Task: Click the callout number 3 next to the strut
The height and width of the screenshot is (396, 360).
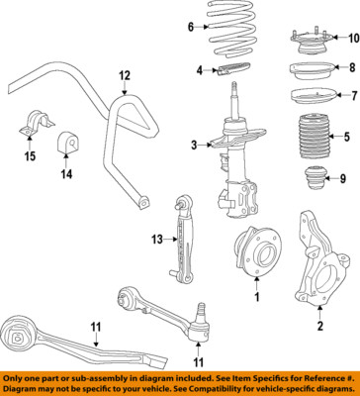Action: pos(195,148)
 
